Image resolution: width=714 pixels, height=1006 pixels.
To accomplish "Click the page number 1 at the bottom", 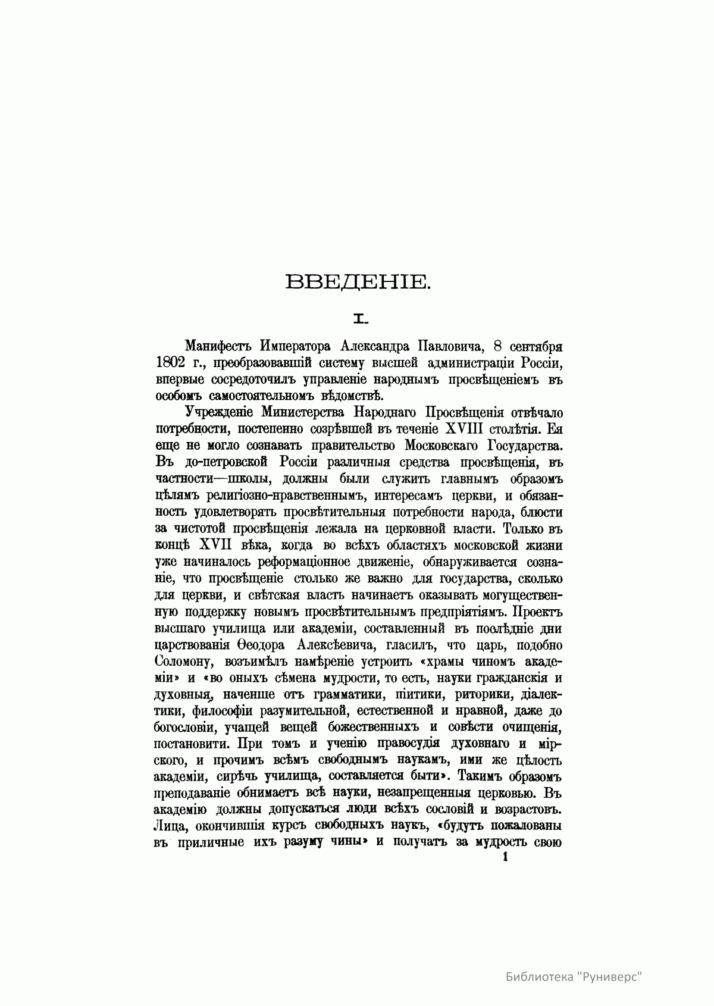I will pos(506,857).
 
